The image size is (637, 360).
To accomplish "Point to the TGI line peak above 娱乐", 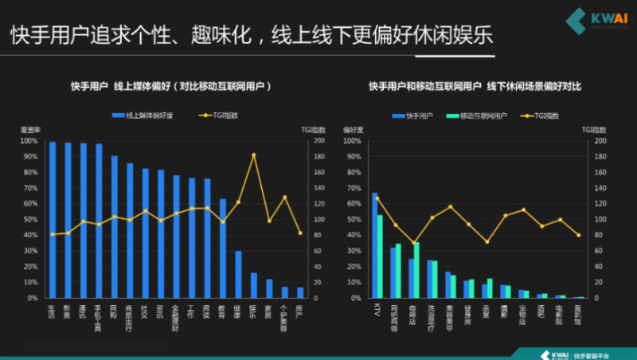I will point(254,155).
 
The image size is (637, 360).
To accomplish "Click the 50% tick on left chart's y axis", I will point(29,219).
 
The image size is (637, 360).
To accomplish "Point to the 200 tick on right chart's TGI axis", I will point(600,140).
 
